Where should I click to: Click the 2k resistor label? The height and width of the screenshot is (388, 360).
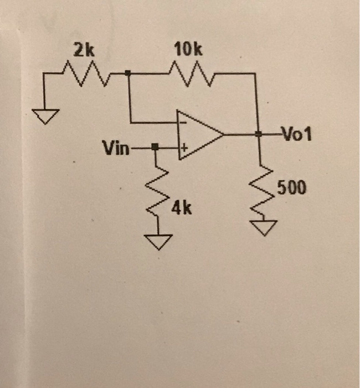[x=85, y=52]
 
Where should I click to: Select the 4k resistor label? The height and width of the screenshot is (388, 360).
[x=182, y=208]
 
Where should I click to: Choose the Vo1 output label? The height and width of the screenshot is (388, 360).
[x=297, y=134]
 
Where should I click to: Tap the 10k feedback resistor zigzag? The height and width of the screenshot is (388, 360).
[x=188, y=72]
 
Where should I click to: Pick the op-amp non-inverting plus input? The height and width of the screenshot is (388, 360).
[x=182, y=148]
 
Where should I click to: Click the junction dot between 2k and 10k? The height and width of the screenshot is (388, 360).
[x=129, y=73]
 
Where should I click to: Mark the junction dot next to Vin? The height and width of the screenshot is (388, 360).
[x=156, y=147]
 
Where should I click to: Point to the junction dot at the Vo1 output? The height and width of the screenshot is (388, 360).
[x=258, y=134]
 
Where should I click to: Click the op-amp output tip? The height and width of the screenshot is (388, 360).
[x=223, y=134]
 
